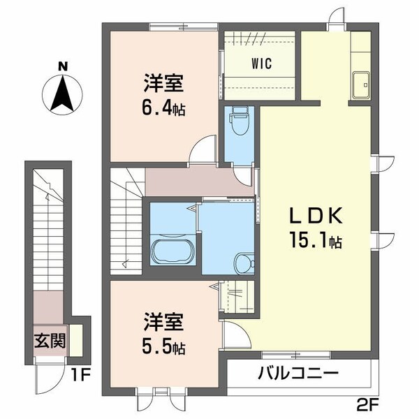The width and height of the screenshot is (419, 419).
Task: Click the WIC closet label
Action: [x=263, y=61]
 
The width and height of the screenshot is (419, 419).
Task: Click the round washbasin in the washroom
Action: [x=242, y=263]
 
